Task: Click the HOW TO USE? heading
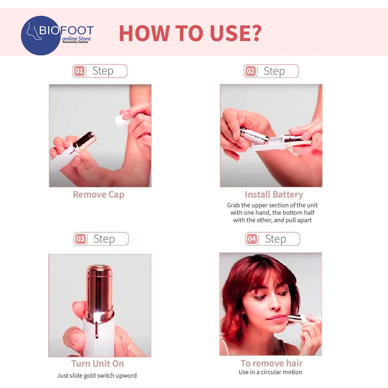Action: tap(190, 33)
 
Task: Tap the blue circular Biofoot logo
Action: tap(41, 35)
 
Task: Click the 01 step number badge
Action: tap(79, 71)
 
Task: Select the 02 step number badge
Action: tap(251, 71)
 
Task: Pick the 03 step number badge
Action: tap(80, 239)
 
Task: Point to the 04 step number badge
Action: tap(252, 239)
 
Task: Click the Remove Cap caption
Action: tap(99, 195)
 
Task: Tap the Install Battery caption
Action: tap(274, 195)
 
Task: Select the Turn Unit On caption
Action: tap(98, 363)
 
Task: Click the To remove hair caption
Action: tap(272, 363)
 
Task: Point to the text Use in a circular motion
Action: tap(270, 372)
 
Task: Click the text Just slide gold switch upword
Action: tap(97, 376)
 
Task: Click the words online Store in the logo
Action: tap(77, 39)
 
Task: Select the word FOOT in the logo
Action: tap(77, 31)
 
